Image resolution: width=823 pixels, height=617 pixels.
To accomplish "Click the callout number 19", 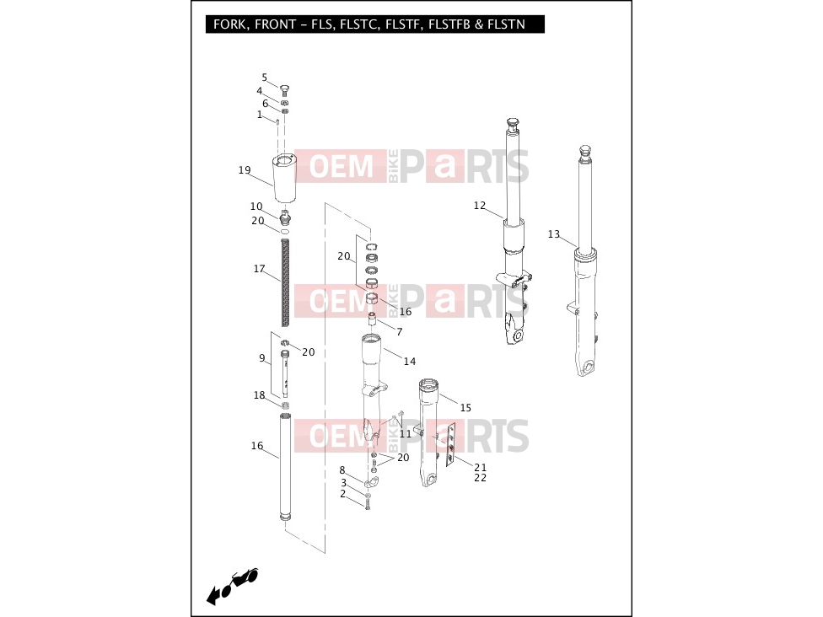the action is [245, 170].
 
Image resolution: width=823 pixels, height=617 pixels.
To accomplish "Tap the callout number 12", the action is [480, 205].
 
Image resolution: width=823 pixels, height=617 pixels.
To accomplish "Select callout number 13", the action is [554, 234].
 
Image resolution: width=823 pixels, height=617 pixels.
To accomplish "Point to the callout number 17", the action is [259, 269].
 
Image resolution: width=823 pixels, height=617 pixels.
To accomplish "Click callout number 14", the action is [410, 361].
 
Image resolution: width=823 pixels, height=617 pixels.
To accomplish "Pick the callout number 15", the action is [465, 408].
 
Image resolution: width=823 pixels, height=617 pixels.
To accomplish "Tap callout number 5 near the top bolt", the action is [265, 78].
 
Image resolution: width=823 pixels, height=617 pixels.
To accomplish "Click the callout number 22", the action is [481, 477].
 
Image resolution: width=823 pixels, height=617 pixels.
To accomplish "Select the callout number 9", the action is [262, 358].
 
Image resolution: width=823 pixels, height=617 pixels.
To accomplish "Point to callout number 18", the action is [259, 395].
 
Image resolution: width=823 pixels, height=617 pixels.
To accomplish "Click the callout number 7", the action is [400, 331].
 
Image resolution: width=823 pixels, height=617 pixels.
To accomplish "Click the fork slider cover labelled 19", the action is [284, 179].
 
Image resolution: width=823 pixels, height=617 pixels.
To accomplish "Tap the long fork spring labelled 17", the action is [285, 282].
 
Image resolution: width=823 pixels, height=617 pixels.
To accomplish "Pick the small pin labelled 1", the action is [277, 121].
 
